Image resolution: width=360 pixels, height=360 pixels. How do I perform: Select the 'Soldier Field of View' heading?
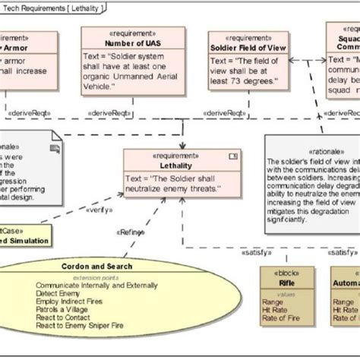point(249,48)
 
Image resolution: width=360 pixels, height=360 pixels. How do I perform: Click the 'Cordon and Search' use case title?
point(96,267)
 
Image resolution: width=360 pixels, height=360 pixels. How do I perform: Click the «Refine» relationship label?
point(131,232)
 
